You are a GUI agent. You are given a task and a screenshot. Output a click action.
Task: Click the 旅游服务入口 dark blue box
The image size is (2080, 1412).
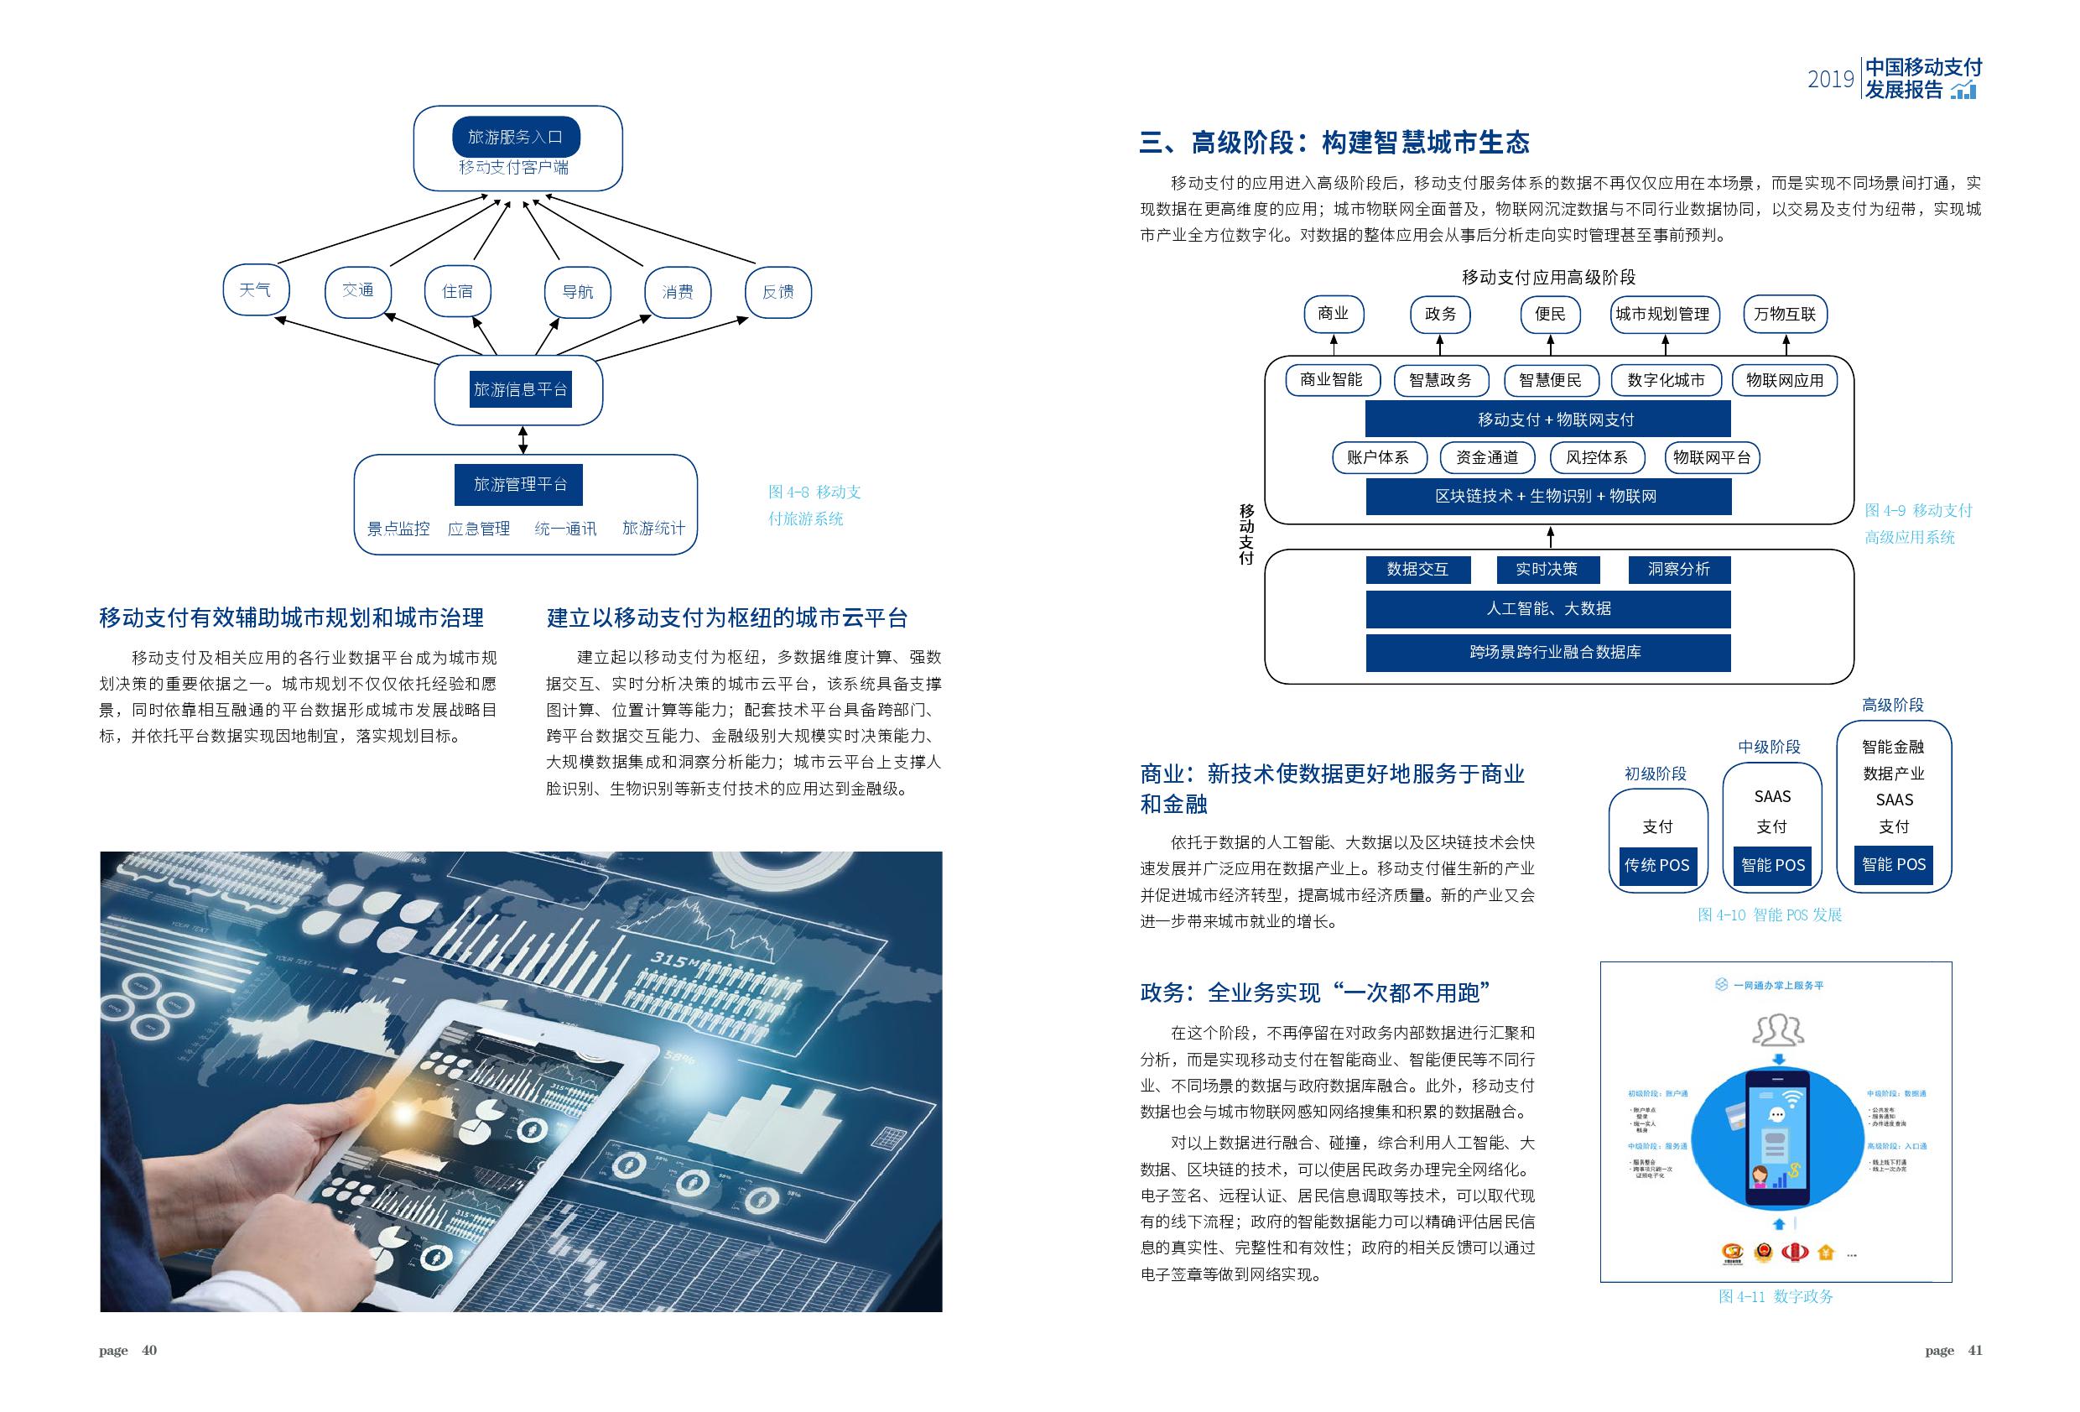point(516,136)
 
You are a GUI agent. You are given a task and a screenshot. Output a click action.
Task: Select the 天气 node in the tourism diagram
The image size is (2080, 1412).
point(256,290)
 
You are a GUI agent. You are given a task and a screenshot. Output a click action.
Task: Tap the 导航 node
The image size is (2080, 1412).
point(577,292)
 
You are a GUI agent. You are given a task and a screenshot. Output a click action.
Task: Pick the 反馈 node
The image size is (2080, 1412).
point(777,292)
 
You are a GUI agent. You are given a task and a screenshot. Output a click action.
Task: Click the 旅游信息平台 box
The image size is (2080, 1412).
point(520,389)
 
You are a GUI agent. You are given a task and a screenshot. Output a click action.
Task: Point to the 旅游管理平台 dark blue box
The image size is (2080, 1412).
point(519,484)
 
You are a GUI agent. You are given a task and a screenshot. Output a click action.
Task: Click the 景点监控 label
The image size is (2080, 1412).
point(398,529)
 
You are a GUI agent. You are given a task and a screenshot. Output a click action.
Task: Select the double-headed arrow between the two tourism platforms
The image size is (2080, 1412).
point(523,440)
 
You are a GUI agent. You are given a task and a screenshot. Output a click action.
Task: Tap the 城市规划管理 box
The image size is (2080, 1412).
point(1663,315)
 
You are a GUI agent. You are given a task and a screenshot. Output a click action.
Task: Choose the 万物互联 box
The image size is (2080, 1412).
point(1785,315)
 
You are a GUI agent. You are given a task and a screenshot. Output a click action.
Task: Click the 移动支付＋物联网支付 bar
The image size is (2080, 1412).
point(1547,419)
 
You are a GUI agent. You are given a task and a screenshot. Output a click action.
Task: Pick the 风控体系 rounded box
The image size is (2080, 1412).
point(1597,457)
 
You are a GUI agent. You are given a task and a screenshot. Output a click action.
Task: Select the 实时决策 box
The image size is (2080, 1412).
point(1547,570)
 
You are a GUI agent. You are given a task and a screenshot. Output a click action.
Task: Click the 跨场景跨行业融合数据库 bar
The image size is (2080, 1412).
point(1547,652)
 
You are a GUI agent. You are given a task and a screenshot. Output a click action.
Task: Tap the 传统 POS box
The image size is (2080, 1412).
point(1656,865)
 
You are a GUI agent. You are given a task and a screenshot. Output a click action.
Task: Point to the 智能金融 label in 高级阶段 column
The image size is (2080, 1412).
point(1893,746)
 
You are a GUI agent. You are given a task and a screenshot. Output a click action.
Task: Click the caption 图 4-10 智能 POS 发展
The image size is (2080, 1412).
point(1770,914)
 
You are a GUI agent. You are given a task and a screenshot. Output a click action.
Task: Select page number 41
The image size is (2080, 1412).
point(1975,1350)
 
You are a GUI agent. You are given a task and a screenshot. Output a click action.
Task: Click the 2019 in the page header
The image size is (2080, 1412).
point(1830,80)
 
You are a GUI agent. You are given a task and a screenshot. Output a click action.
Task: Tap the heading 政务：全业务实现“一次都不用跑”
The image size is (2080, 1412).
point(1315,992)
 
